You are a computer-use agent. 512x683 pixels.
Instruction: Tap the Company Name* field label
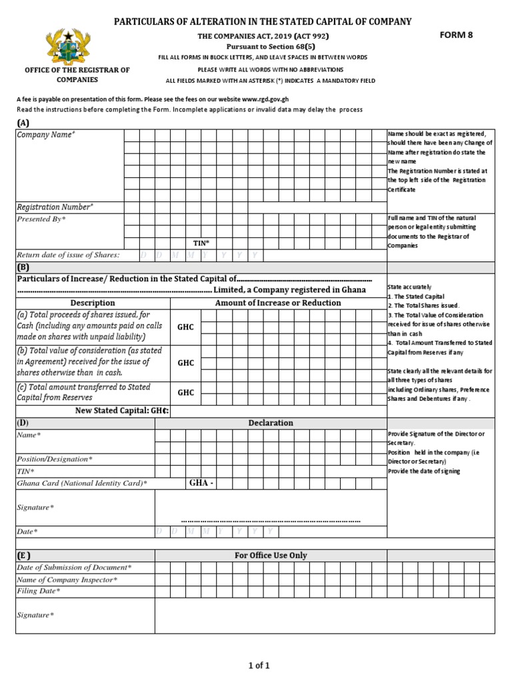(x=46, y=135)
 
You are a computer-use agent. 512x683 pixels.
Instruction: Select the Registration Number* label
(x=55, y=207)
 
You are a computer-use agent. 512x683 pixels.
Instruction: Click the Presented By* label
(x=41, y=219)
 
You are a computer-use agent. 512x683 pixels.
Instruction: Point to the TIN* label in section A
(x=201, y=243)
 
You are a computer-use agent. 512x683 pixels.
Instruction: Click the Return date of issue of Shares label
(x=68, y=255)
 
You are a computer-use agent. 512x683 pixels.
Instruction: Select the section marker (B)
(x=23, y=267)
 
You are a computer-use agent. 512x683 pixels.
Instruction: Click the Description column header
(x=93, y=303)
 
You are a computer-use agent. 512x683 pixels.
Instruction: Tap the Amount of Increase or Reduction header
(x=278, y=303)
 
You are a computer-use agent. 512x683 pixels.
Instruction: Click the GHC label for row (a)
(x=185, y=327)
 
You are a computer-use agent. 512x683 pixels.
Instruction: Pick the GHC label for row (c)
(x=185, y=393)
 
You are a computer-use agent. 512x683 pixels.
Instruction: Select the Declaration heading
(x=270, y=423)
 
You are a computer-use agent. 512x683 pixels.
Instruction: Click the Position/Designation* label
(x=55, y=460)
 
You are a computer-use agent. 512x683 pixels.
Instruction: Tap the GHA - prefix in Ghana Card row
(x=201, y=483)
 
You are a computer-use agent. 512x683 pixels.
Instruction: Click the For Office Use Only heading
(x=271, y=556)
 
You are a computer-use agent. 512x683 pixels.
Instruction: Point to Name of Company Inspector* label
(x=67, y=580)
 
